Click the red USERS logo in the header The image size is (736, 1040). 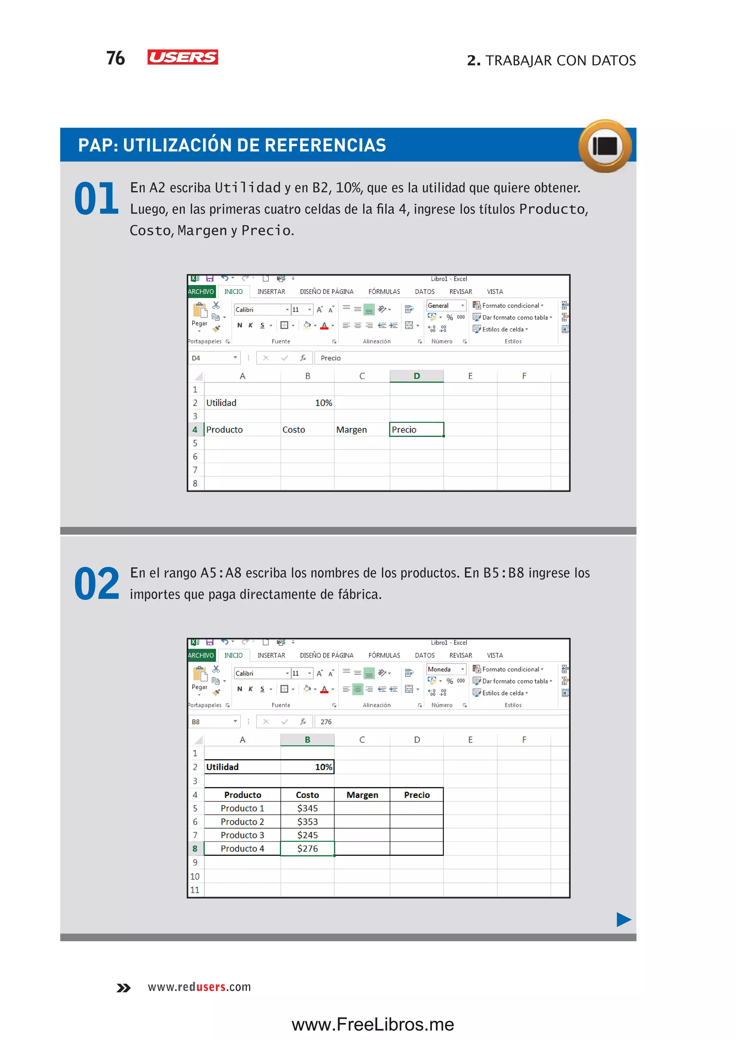coord(183,57)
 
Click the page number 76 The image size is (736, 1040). coord(116,58)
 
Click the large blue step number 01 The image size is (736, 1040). coord(96,199)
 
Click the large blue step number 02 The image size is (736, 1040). coord(96,584)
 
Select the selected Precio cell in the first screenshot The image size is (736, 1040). coord(416,429)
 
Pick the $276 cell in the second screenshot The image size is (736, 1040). coord(307,849)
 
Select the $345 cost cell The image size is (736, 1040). coord(307,808)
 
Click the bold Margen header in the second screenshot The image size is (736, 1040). coord(362,795)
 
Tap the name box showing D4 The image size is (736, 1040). coord(213,358)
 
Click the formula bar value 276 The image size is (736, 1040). coord(326,722)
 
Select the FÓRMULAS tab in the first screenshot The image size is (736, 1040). coord(384,292)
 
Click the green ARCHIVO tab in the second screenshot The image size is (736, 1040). coord(201,655)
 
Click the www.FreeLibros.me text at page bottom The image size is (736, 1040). coord(373,1024)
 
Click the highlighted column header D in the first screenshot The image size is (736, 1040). coord(417,376)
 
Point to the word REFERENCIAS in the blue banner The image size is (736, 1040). coord(325,145)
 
